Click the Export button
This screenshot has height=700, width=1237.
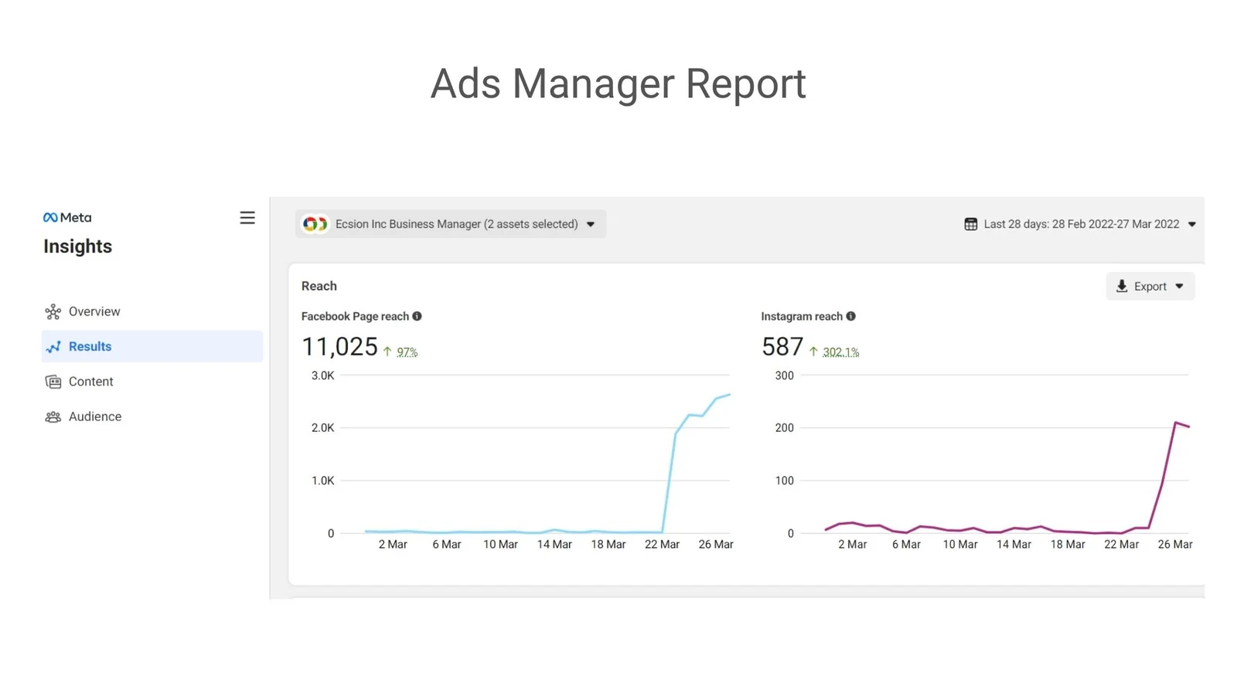point(1150,286)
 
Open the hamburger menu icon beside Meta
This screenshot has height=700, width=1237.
point(247,218)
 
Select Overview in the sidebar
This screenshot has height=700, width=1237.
point(94,311)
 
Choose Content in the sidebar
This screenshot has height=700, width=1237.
point(90,382)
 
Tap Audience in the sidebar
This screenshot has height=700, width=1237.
point(95,416)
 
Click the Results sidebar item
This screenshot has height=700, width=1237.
point(152,346)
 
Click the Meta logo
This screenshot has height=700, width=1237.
point(67,218)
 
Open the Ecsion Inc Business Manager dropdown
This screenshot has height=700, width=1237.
point(451,224)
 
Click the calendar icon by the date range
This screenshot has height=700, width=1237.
point(971,224)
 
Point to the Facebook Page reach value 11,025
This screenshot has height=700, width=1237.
point(339,347)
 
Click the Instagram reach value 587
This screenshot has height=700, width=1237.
point(782,347)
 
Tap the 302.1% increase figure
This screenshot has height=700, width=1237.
point(841,352)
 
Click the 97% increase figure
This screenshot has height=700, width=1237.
point(407,352)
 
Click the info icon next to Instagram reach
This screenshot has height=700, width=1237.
point(851,316)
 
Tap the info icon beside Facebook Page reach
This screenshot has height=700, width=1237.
point(417,316)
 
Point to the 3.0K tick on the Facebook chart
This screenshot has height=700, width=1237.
point(323,375)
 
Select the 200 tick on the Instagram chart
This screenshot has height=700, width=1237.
point(784,428)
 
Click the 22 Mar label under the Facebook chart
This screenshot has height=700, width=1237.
point(662,545)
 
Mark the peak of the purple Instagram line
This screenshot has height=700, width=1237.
point(1175,423)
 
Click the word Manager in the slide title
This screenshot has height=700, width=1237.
point(594,84)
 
